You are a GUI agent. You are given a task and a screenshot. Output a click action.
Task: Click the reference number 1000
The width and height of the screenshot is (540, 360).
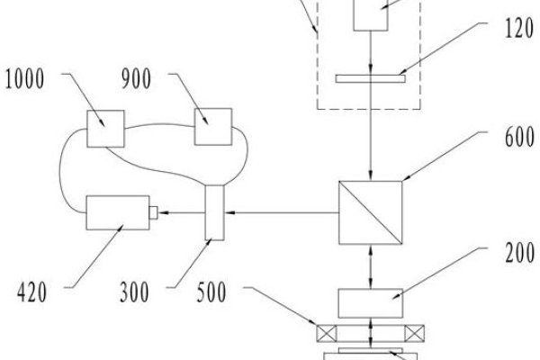click(24, 79)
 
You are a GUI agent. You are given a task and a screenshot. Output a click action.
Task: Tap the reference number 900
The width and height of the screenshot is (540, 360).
click(136, 79)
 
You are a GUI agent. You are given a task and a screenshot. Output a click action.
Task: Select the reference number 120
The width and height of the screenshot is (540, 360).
click(519, 28)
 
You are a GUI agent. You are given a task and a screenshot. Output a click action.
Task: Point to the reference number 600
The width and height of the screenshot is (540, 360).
click(519, 137)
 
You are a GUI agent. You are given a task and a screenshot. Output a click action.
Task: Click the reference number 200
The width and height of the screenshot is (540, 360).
click(519, 253)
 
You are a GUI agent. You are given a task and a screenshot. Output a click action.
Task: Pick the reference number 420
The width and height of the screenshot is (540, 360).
click(31, 292)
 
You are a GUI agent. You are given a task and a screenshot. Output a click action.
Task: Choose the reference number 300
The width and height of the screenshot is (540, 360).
click(134, 292)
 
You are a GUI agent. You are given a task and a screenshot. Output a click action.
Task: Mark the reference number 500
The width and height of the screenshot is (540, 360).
click(211, 292)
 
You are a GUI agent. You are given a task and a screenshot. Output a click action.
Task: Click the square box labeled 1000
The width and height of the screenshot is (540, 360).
click(105, 129)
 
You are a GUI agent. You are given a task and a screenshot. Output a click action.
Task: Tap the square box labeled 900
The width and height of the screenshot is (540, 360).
click(213, 127)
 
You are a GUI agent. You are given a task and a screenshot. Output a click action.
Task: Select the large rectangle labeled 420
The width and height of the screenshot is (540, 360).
click(118, 212)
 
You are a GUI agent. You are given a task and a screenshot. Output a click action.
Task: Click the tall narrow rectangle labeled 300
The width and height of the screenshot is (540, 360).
click(214, 212)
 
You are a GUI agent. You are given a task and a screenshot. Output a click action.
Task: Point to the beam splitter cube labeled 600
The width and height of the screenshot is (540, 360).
click(370, 212)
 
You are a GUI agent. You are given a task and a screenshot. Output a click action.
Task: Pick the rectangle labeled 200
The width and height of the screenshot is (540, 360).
click(371, 303)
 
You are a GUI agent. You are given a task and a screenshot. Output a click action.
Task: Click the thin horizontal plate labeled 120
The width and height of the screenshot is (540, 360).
click(371, 79)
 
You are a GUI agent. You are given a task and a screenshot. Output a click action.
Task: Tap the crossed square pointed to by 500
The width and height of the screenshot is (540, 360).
click(327, 334)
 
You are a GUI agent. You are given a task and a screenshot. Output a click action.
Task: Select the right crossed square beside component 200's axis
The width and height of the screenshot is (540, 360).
click(414, 334)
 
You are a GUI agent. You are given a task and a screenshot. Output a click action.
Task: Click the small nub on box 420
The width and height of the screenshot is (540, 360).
click(154, 212)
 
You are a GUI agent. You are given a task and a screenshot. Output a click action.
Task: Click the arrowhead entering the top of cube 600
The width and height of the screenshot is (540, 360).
click(371, 175)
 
